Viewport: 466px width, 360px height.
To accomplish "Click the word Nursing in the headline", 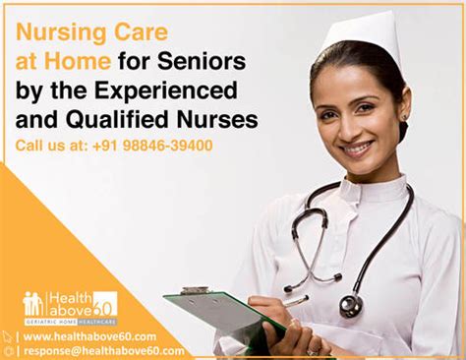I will pyautogui.click(x=56, y=31).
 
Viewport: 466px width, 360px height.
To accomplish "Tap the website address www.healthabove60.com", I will pyautogui.click(x=89, y=335).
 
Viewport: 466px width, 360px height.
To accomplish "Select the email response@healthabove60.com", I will pyautogui.click(x=103, y=350).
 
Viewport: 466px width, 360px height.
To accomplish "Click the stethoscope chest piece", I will pyautogui.click(x=350, y=305).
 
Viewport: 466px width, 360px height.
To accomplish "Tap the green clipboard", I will pyautogui.click(x=221, y=314).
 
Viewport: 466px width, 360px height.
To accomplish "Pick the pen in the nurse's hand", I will pyautogui.click(x=290, y=301).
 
